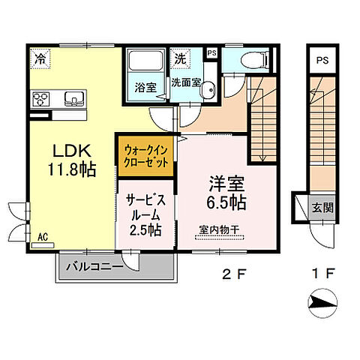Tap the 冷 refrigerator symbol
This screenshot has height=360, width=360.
pos(38,57)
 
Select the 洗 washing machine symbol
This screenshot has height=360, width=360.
pos(180,57)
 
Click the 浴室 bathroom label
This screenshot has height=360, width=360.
pos(145,87)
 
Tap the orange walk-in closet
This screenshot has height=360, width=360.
pos(145,152)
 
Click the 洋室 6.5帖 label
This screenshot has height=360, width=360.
pos(226,191)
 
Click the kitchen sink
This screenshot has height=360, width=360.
pos(74,99)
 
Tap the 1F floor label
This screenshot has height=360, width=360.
pos(323,273)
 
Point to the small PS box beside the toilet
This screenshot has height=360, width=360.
pos(211,54)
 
